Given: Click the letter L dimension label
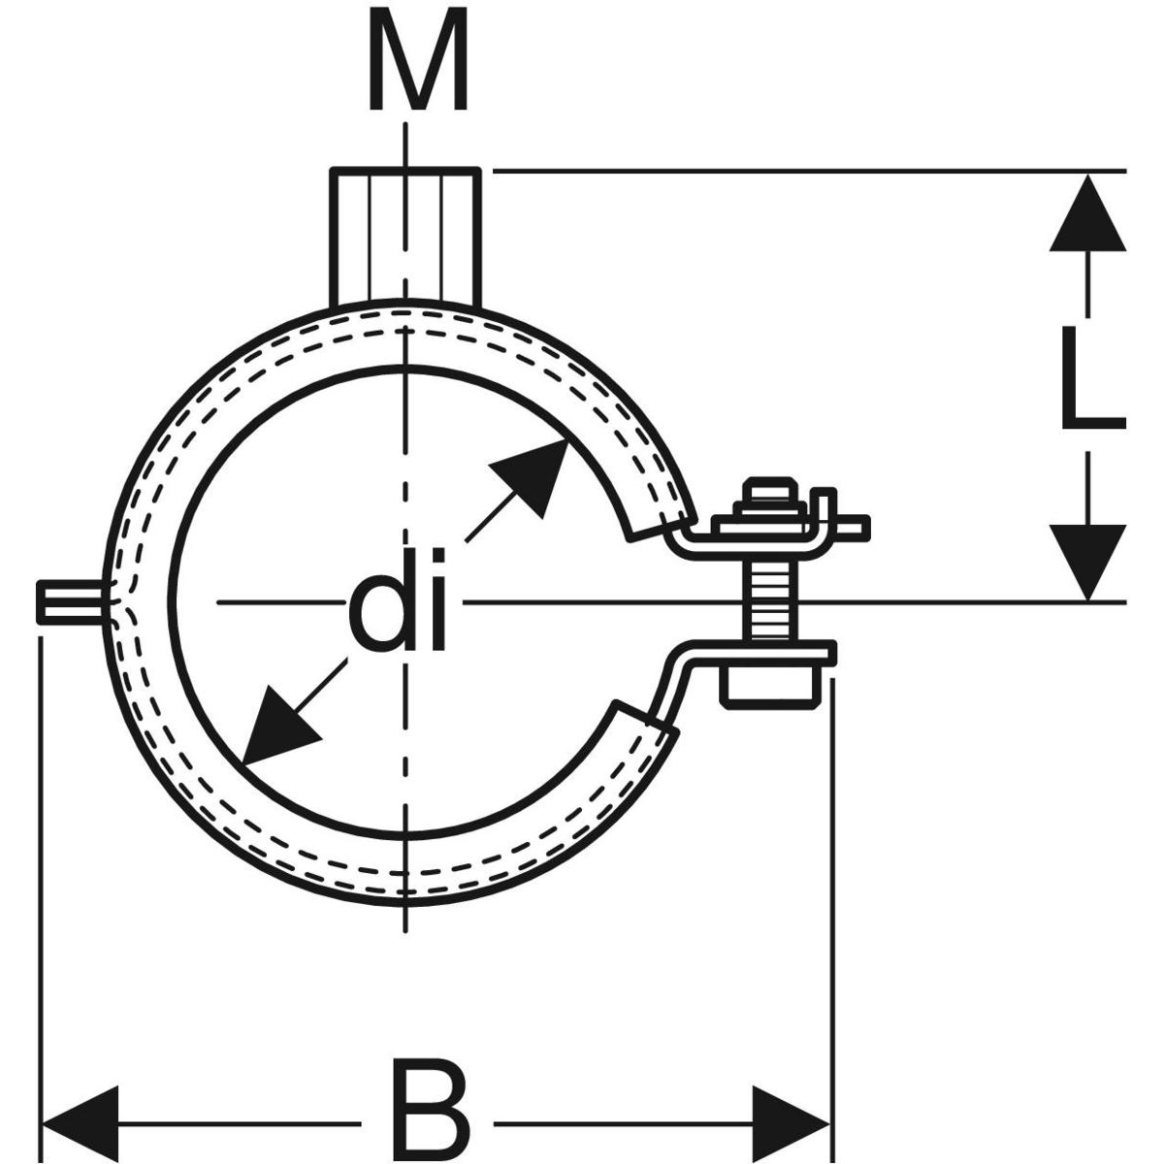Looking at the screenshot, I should (x=1090, y=378).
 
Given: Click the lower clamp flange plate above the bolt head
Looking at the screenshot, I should (x=766, y=651).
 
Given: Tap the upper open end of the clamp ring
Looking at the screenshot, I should (x=660, y=514).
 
